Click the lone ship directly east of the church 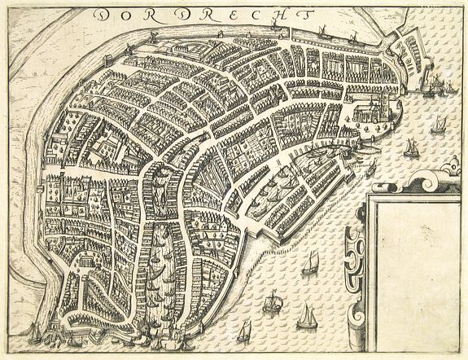(439, 122)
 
